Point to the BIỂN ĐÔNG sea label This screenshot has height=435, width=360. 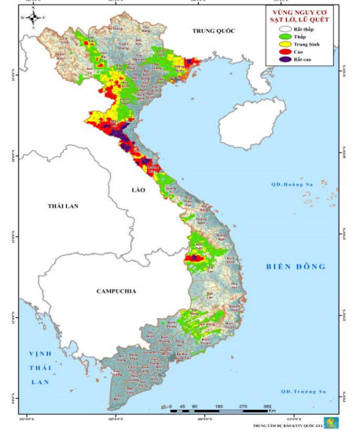coord(295,267)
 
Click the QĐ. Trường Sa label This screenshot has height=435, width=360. coord(303,390)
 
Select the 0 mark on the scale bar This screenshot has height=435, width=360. coord(171,408)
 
